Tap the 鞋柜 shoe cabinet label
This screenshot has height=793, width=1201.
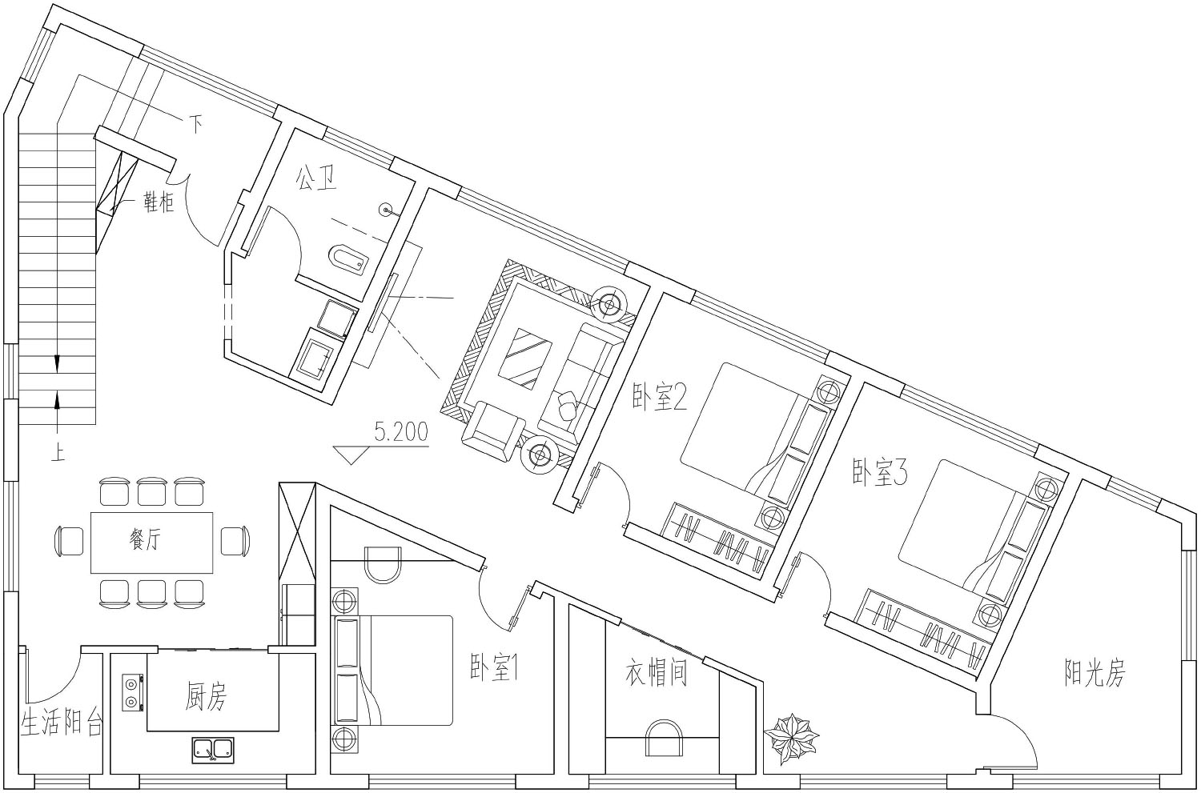pyautogui.click(x=159, y=202)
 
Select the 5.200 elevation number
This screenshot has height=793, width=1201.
pyautogui.click(x=401, y=431)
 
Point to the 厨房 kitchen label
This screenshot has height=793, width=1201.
pyautogui.click(x=207, y=698)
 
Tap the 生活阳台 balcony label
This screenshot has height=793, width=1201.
pyautogui.click(x=61, y=723)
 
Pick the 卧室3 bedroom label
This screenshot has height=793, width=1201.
pyautogui.click(x=880, y=473)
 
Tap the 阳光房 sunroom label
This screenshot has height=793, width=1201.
pyautogui.click(x=1095, y=673)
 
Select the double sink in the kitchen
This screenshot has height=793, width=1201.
pyautogui.click(x=214, y=750)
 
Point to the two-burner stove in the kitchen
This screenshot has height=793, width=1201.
pyautogui.click(x=131, y=692)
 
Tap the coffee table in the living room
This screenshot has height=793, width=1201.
pyautogui.click(x=525, y=358)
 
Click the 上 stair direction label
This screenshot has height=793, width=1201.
pyautogui.click(x=58, y=454)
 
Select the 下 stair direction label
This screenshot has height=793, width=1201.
pyautogui.click(x=196, y=125)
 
